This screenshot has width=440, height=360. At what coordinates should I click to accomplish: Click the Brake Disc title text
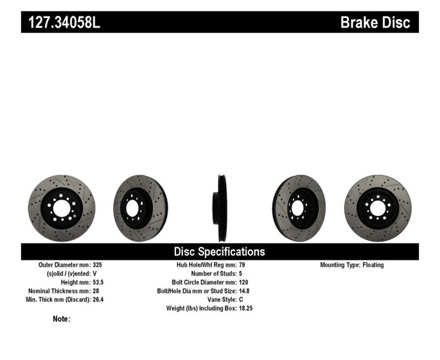point(375,23)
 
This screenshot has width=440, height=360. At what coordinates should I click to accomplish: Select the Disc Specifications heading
point(219,251)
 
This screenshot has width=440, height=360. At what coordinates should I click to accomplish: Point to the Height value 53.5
point(99,282)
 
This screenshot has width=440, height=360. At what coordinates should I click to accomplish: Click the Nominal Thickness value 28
point(96,291)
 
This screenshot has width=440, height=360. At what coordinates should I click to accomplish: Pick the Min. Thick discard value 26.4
point(99,299)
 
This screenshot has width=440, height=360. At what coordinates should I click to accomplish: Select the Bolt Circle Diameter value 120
point(244,282)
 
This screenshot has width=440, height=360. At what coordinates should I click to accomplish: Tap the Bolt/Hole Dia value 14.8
point(245,291)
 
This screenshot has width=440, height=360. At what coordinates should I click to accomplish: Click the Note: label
point(61,319)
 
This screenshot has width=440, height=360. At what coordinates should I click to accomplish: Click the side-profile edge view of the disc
point(220,208)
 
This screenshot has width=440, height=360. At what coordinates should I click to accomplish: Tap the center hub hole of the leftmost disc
point(61,207)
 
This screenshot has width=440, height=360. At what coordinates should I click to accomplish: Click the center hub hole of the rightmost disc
point(377,208)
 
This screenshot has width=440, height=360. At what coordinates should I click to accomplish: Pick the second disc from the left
point(140,208)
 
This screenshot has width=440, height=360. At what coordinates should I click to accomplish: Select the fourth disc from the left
point(299,208)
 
